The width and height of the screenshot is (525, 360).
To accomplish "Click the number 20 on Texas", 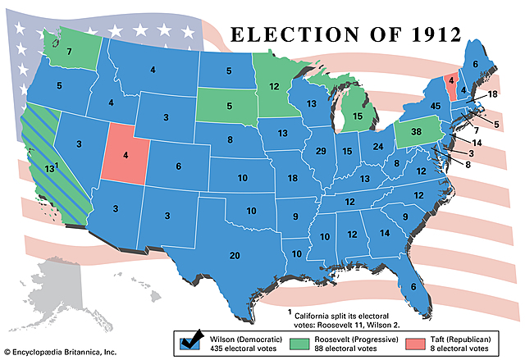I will tap(235, 256).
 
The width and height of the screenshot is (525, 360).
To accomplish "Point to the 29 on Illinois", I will tap(321, 152).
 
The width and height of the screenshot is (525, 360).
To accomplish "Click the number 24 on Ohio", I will tap(377, 146).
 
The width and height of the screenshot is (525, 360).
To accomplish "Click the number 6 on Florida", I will tap(413, 286).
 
